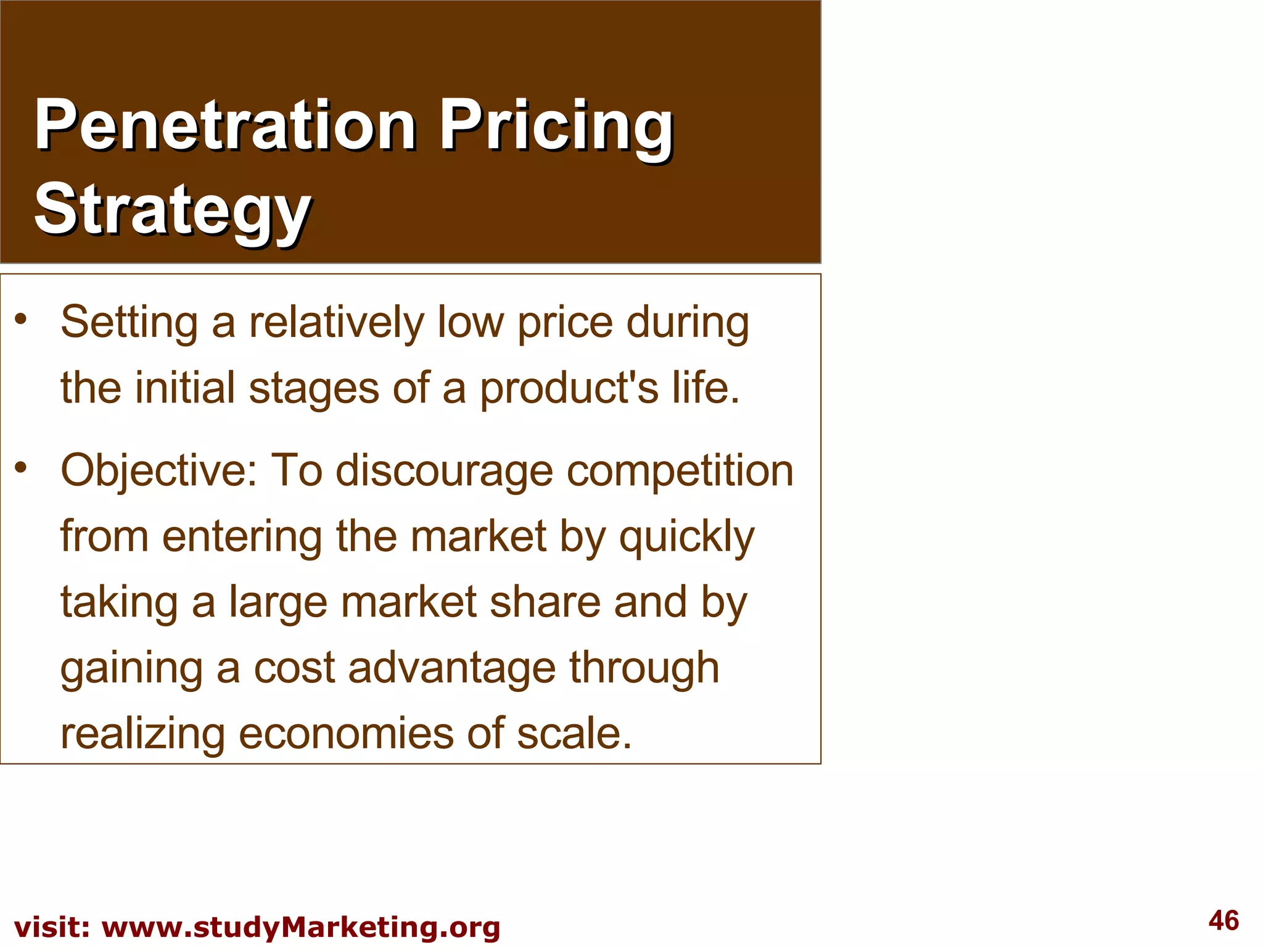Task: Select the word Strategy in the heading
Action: pyautogui.click(x=173, y=210)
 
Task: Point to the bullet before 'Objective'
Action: pyautogui.click(x=22, y=467)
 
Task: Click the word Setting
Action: pyautogui.click(x=130, y=323)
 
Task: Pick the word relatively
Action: pyautogui.click(x=337, y=323)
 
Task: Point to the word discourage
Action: pyautogui.click(x=444, y=471)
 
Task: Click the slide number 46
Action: pyautogui.click(x=1224, y=920)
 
